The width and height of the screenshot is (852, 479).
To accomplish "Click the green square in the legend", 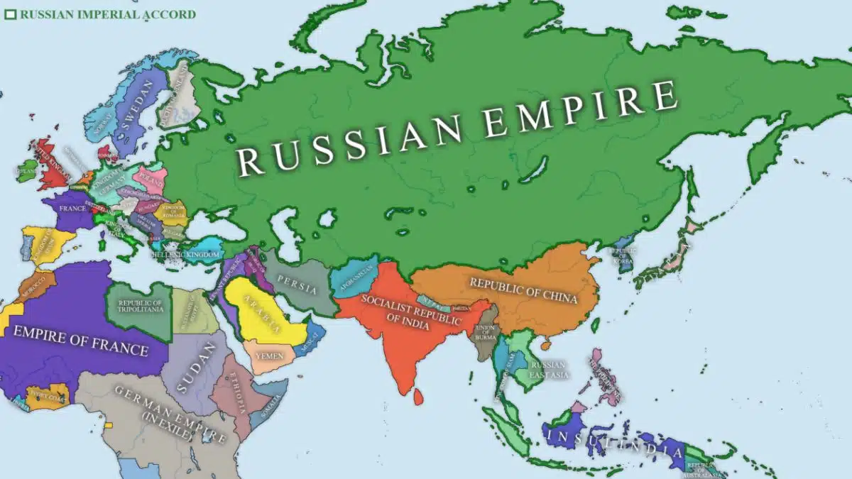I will point(10,13).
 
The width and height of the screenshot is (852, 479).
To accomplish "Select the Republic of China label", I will point(523,290).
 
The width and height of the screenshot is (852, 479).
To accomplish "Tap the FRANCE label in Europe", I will point(72,209).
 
